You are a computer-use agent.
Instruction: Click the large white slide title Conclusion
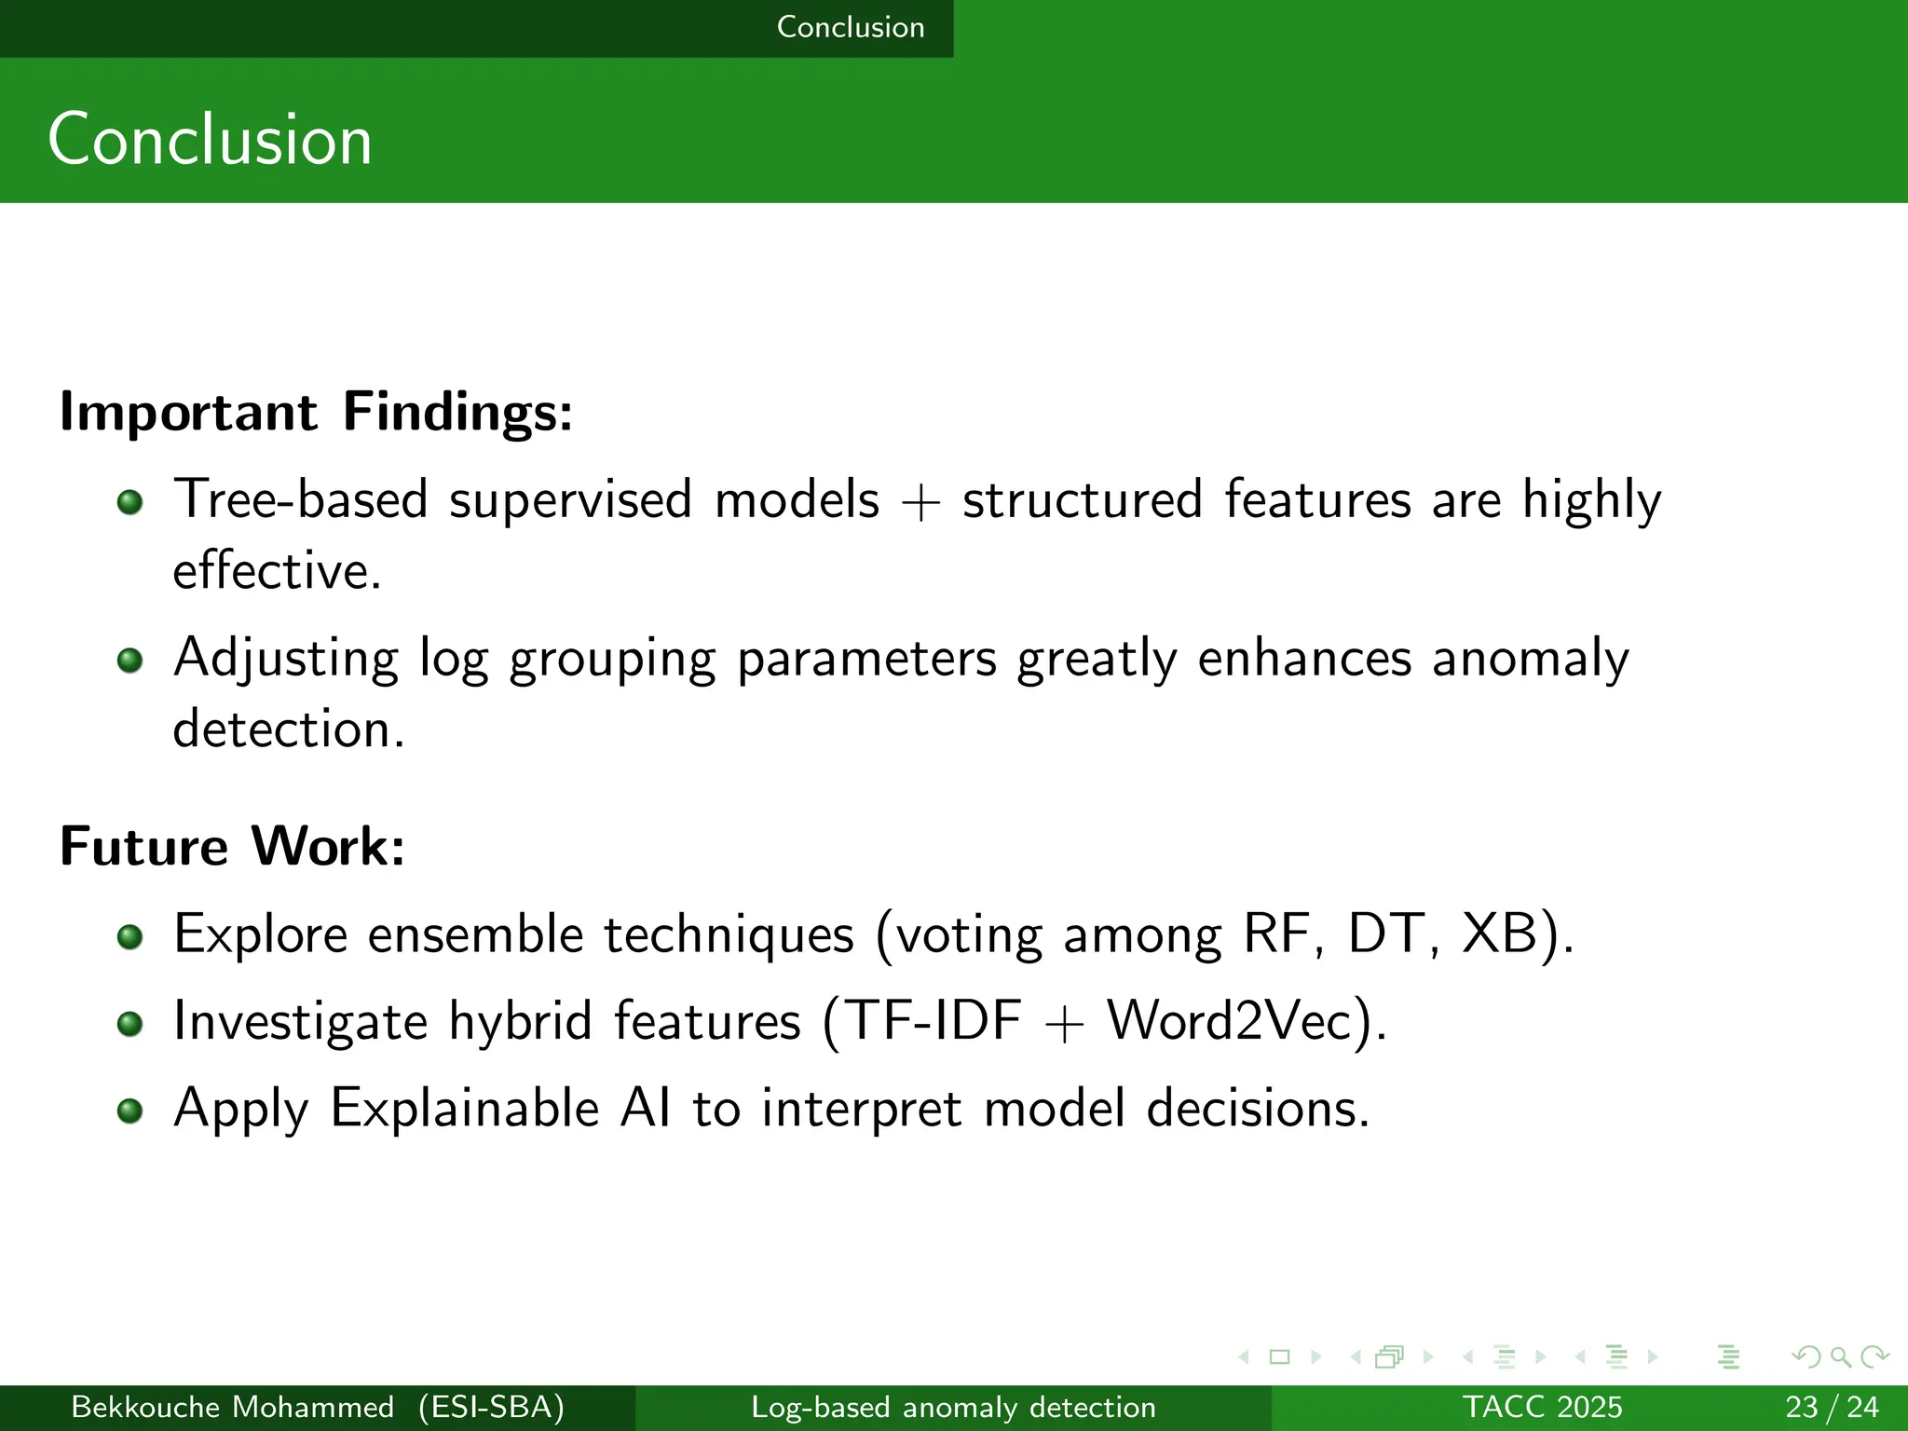tap(210, 140)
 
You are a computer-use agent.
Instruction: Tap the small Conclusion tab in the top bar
tap(850, 27)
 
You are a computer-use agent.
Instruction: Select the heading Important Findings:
tap(316, 412)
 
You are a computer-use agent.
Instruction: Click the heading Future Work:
tap(232, 846)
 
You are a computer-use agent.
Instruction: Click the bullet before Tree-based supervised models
tap(130, 503)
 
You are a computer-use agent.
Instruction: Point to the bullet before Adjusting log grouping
tap(130, 661)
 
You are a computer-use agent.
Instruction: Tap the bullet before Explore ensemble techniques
tap(130, 936)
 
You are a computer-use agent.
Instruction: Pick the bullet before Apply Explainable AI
tap(130, 1111)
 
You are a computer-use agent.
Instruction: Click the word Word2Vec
tap(1229, 1021)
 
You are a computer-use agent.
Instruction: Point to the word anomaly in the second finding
tap(1530, 659)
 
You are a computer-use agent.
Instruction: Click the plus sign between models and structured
tap(920, 504)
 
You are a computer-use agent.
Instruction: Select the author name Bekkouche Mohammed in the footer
tap(233, 1407)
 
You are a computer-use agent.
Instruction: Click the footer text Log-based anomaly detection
tap(953, 1407)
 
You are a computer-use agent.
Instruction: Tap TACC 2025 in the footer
tap(1542, 1407)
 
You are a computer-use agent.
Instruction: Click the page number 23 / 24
tap(1832, 1407)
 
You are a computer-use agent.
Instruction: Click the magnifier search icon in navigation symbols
tap(1839, 1356)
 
